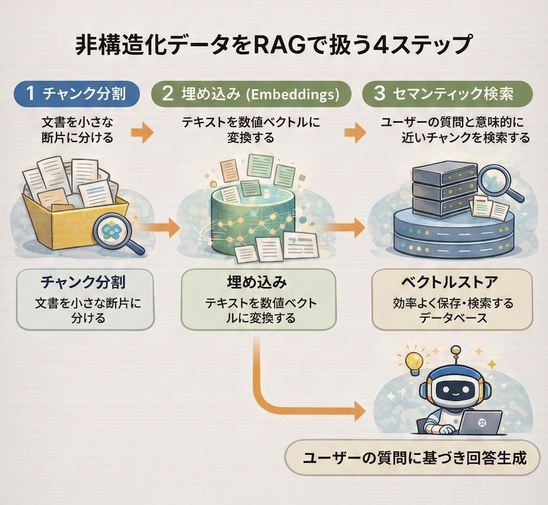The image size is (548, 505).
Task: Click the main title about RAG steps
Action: tap(274, 47)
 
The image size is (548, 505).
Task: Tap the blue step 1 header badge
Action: tap(75, 93)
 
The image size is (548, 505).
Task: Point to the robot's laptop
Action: tap(482, 423)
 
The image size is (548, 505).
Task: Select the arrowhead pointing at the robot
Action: tap(360, 410)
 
